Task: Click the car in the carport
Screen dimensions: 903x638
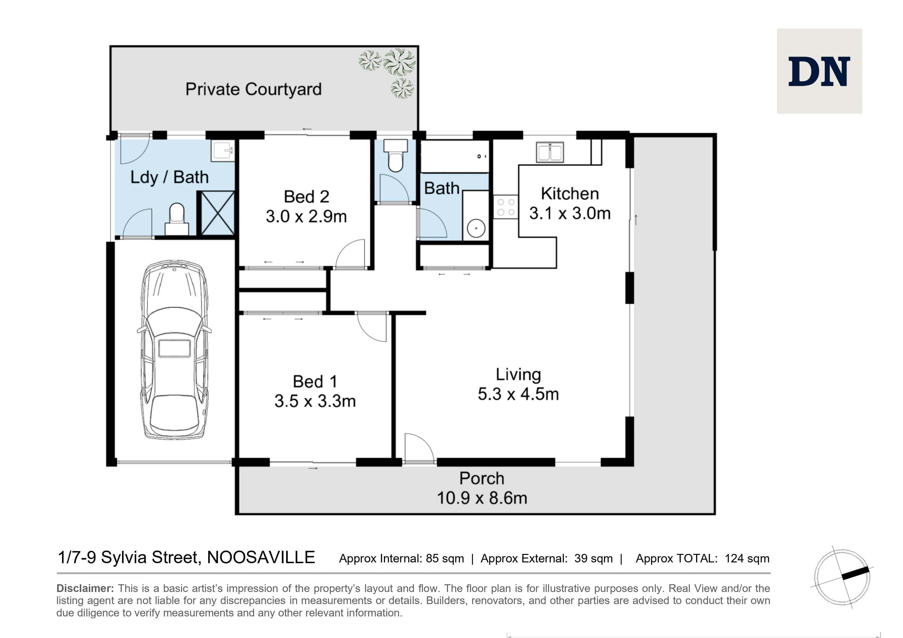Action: tap(174, 349)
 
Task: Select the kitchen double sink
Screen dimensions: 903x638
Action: tap(550, 152)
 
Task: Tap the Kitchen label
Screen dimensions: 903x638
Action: tap(570, 194)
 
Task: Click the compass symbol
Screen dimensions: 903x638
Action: tap(842, 577)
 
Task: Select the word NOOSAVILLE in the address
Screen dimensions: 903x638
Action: tap(261, 558)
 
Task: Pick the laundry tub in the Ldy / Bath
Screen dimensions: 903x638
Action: tap(223, 151)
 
